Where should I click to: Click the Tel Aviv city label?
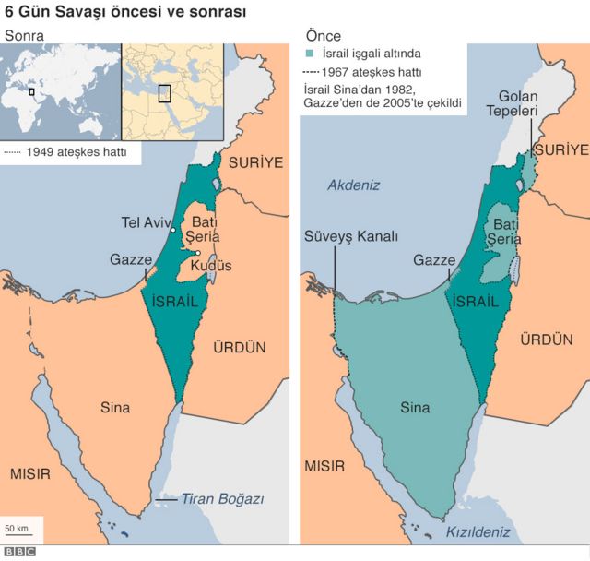click(x=147, y=221)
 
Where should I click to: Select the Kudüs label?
click(x=211, y=266)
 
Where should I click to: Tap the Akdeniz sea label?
click(x=354, y=185)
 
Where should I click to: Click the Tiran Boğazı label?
click(x=221, y=499)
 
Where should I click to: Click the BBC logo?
click(x=18, y=552)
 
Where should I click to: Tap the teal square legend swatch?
click(x=309, y=54)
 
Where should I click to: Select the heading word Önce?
click(x=323, y=36)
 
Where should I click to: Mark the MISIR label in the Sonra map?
click(x=30, y=473)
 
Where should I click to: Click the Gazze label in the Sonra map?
click(x=130, y=260)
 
